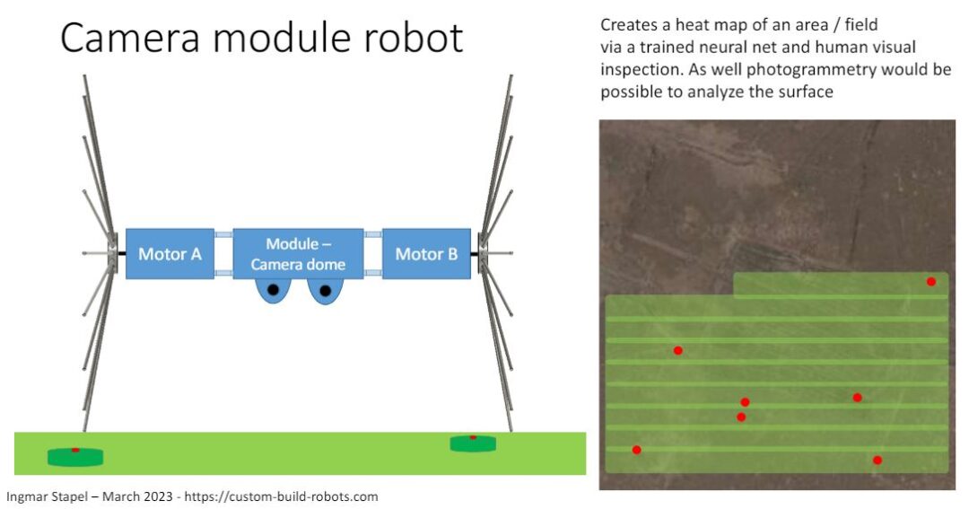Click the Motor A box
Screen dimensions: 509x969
[x=170, y=254]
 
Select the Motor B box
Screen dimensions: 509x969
[x=426, y=254]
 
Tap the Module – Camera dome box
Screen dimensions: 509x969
[x=298, y=254]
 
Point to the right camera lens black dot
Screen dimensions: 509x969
[x=325, y=290]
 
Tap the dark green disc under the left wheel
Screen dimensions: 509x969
[x=75, y=456]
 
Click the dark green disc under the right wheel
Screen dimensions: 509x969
[x=473, y=443]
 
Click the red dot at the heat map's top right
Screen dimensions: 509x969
[x=931, y=282]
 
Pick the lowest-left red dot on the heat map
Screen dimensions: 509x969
[x=636, y=450]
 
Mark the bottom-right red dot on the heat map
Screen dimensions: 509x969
[x=877, y=461]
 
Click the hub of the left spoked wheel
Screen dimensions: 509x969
[x=112, y=254]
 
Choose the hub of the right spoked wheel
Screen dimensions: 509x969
[x=483, y=254]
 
